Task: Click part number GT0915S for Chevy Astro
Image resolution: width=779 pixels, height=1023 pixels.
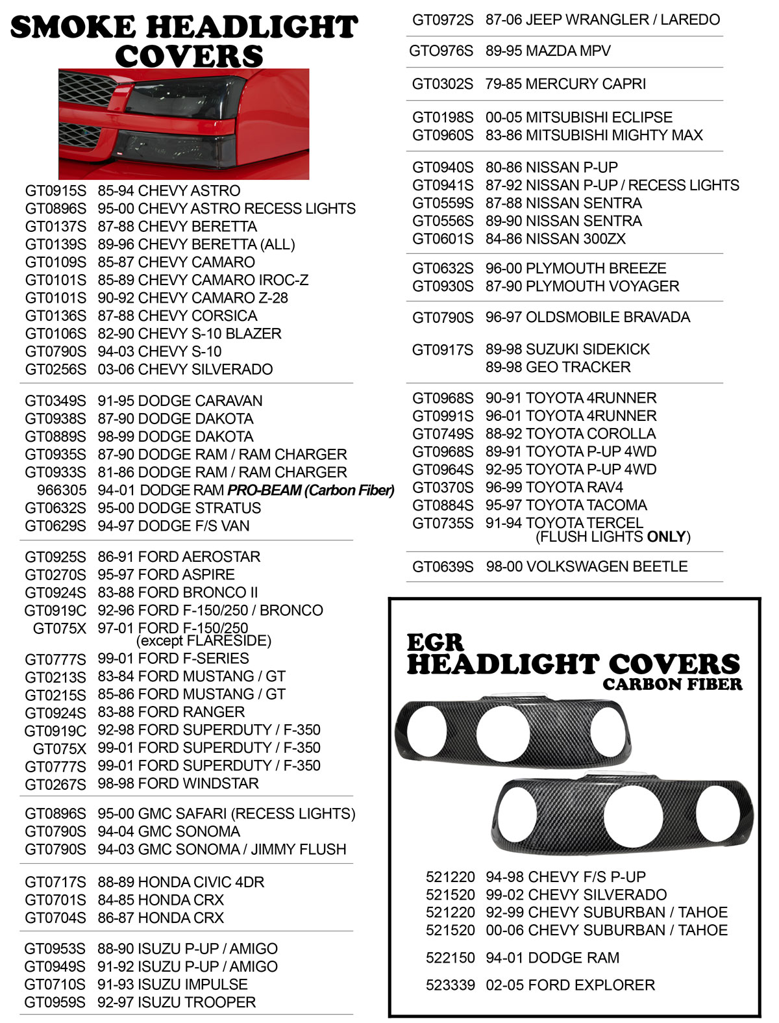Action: [x=55, y=191]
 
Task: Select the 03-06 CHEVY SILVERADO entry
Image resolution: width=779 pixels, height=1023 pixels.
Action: [x=185, y=370]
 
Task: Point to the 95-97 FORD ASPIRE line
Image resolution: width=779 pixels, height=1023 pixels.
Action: [x=166, y=575]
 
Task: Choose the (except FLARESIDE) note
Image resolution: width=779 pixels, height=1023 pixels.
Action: [x=203, y=641]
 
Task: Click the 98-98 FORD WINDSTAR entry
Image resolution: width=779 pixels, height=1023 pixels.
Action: [x=178, y=784]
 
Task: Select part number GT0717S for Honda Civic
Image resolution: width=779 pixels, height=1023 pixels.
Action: [x=55, y=883]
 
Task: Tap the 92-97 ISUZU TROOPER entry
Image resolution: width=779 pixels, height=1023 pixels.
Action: [x=177, y=1003]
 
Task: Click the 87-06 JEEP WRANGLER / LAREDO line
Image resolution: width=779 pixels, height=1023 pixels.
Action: [x=602, y=20]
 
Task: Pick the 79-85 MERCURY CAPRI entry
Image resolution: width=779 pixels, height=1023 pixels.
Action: [x=565, y=84]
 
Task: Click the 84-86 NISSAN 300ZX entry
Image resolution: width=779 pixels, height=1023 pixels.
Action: [x=556, y=239]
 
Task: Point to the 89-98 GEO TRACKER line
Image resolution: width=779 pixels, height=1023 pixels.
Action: [x=558, y=368]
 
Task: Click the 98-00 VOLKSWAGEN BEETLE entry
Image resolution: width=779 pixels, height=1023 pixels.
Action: [x=587, y=567]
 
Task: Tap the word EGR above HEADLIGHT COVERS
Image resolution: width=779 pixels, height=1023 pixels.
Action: [x=436, y=643]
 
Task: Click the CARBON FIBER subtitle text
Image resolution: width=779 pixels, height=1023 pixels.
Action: [x=672, y=685]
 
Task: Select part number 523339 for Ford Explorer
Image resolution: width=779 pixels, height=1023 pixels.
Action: [x=450, y=985]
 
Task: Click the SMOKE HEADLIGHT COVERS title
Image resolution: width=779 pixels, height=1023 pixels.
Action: [x=185, y=41]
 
